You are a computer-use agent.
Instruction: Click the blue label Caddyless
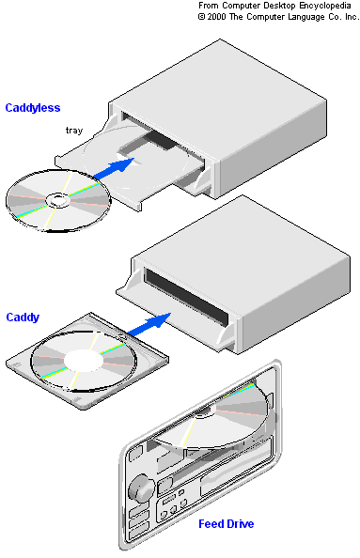click(x=33, y=108)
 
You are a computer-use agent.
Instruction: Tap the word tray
click(x=74, y=131)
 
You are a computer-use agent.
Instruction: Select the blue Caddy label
click(x=23, y=318)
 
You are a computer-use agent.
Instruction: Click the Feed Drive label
click(x=227, y=524)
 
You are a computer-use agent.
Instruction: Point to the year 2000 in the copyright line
click(x=216, y=17)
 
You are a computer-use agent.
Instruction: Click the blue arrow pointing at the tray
click(x=115, y=168)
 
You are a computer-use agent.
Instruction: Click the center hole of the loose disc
click(x=57, y=200)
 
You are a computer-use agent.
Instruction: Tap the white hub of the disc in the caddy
click(x=84, y=361)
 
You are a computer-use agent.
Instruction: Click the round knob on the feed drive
click(x=141, y=486)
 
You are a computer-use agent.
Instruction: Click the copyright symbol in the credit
click(x=201, y=17)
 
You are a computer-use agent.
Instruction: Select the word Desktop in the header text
click(x=280, y=6)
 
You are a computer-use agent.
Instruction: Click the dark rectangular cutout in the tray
click(x=162, y=139)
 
